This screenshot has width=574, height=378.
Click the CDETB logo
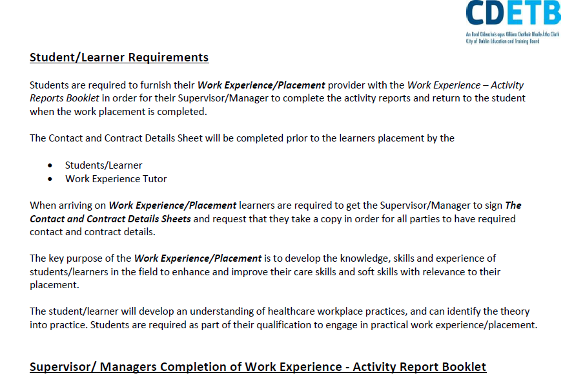coord(513,22)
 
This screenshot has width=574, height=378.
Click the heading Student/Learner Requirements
coord(119,58)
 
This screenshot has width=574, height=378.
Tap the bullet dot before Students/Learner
coord(50,165)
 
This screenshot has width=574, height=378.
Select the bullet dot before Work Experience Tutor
coord(50,179)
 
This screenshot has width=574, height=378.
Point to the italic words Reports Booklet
coord(65,98)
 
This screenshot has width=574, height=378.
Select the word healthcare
coord(291,311)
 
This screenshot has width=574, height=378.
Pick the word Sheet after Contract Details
coord(190,138)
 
